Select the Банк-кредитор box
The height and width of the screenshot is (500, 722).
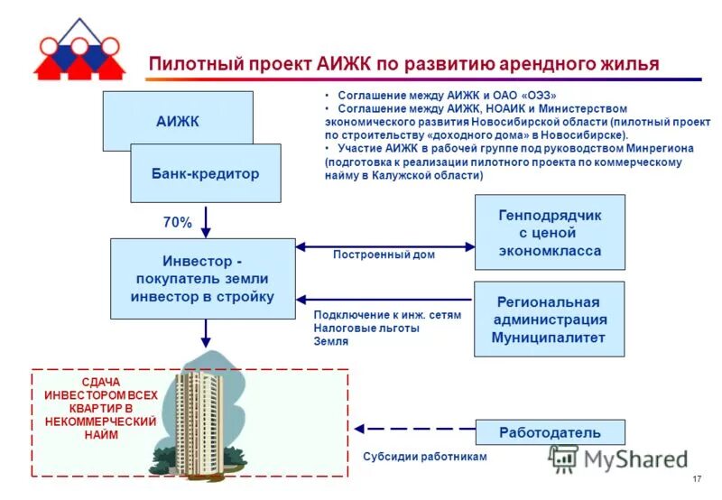[206, 173]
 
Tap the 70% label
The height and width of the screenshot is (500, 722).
[177, 222]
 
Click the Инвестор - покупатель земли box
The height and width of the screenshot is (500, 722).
[202, 278]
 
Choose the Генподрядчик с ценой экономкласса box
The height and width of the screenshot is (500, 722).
[549, 232]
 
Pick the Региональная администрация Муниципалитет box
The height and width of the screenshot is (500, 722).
[549, 319]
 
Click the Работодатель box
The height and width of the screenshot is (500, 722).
[549, 431]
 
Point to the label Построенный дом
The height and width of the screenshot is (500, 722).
[384, 255]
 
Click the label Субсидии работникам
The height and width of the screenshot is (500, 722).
[424, 457]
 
